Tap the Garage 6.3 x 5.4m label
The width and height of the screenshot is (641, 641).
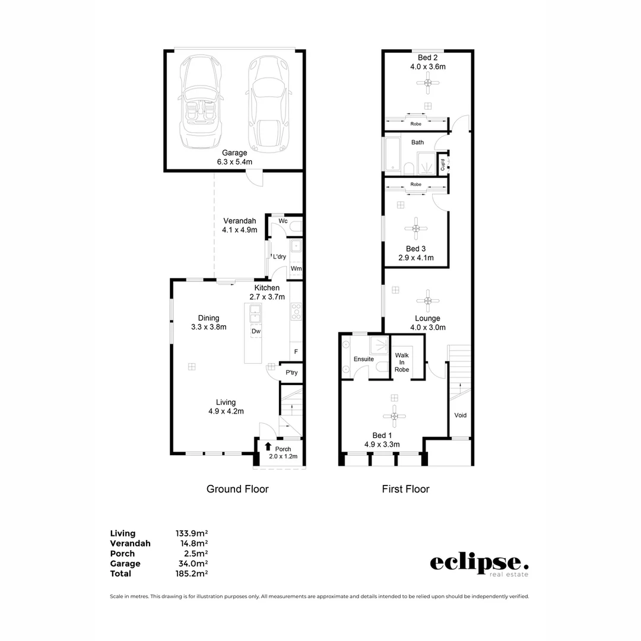(x=231, y=157)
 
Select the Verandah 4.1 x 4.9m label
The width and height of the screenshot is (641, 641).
(x=240, y=225)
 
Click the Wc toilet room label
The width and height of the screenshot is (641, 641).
(x=283, y=221)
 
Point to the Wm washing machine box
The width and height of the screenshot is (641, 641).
(x=296, y=269)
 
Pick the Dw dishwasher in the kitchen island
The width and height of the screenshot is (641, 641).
(x=256, y=331)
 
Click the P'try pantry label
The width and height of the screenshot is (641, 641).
(x=291, y=373)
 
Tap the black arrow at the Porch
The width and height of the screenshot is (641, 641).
(x=268, y=447)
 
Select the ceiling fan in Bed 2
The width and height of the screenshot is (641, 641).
(x=427, y=82)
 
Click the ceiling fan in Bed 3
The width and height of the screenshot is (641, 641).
(x=416, y=228)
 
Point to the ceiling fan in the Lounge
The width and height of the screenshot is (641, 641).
(x=427, y=300)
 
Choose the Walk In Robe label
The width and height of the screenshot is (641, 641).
(x=402, y=362)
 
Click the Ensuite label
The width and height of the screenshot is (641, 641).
(x=363, y=359)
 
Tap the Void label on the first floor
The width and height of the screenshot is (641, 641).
(x=460, y=415)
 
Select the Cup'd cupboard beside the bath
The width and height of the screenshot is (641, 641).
(x=443, y=163)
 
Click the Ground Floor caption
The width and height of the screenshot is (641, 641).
(x=237, y=489)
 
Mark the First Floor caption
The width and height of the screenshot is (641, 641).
(x=405, y=489)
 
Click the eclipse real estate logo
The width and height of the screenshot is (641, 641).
(x=478, y=564)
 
